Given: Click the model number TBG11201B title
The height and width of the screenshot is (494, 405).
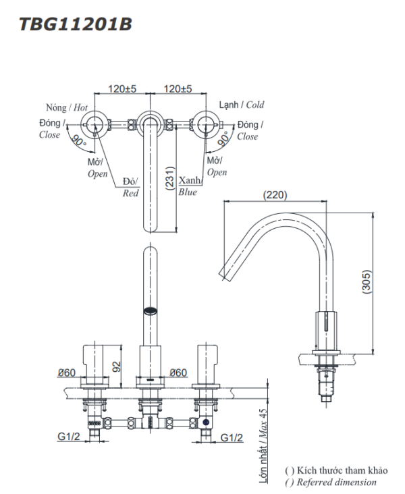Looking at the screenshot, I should tap(75, 25).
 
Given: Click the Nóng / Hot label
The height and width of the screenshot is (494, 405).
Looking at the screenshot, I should tap(67, 107).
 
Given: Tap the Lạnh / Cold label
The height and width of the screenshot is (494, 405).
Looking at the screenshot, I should tap(242, 105).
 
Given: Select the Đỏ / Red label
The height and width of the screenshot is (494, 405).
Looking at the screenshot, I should tap(130, 187).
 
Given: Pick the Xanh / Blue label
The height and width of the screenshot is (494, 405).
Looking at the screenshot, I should tap(188, 187).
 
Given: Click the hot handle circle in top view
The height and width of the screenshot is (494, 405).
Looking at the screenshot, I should tap(93, 125).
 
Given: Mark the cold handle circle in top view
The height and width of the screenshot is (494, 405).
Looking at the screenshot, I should tap(207, 125).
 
